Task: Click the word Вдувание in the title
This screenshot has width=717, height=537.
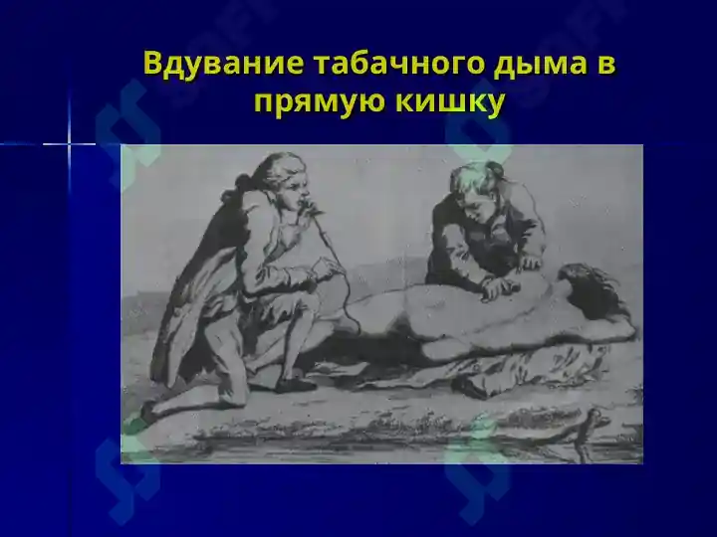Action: [x=223, y=63]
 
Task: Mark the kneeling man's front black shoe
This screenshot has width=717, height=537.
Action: [x=296, y=385]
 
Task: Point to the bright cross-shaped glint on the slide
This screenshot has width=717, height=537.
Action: [x=70, y=144]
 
